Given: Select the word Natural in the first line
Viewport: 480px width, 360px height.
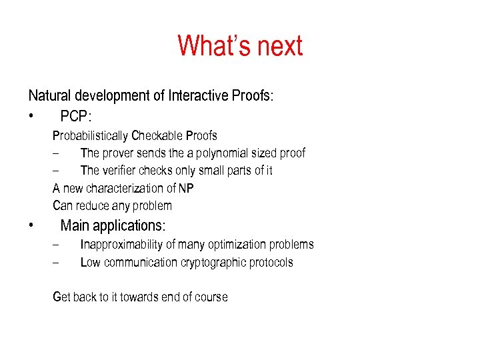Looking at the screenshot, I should pyautogui.click(x=51, y=95).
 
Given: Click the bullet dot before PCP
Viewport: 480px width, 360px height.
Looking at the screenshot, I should pyautogui.click(x=31, y=117).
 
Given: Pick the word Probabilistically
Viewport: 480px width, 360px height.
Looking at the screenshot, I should pyautogui.click(x=90, y=136).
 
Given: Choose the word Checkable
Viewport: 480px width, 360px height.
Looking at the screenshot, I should pyautogui.click(x=157, y=136).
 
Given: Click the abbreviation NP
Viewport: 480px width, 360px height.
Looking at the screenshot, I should pyautogui.click(x=186, y=189).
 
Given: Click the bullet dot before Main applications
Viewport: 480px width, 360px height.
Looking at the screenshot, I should pyautogui.click(x=31, y=225).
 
